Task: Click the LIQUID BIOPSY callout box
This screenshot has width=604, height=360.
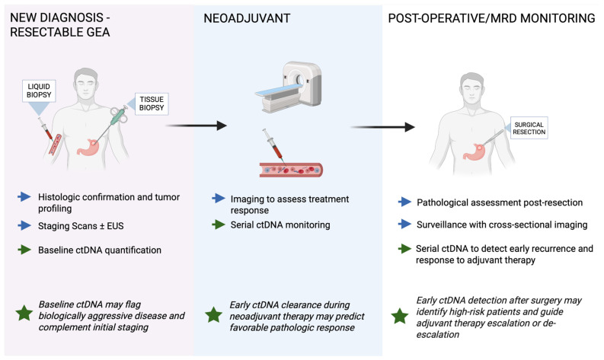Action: tap(39, 91)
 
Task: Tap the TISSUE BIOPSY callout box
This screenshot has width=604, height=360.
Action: tap(152, 104)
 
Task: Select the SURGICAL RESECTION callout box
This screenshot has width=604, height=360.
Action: tap(529, 128)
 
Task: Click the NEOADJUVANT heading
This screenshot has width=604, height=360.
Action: tap(247, 18)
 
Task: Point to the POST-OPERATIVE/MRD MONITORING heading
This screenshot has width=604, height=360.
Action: tap(491, 18)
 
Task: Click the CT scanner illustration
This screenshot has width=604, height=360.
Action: tap(289, 87)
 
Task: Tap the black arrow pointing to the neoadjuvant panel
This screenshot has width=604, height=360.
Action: tap(196, 126)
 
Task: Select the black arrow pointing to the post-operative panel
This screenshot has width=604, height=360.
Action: tap(382, 127)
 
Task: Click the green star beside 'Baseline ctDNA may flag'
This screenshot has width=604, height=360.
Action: tap(24, 314)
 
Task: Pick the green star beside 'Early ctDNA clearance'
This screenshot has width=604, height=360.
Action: tap(213, 315)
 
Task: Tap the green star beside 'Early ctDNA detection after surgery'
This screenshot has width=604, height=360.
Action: tap(400, 316)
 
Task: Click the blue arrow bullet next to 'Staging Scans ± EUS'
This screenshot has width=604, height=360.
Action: tap(24, 225)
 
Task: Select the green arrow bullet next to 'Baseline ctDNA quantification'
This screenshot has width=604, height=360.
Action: tap(24, 250)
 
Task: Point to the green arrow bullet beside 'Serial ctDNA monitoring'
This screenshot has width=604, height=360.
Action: tap(219, 225)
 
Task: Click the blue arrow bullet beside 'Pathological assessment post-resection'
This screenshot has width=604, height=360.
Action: tap(404, 202)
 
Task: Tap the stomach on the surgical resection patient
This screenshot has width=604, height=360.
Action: tap(475, 151)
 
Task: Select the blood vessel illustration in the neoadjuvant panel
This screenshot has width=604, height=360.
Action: tap(291, 170)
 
